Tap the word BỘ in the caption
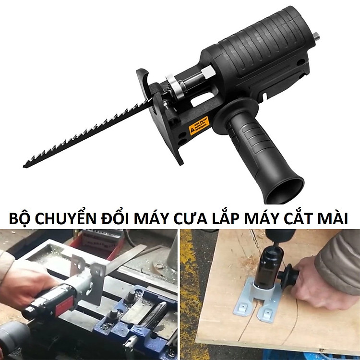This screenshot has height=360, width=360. click(x=19, y=219)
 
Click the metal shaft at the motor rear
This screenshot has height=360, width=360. click(x=316, y=36)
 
